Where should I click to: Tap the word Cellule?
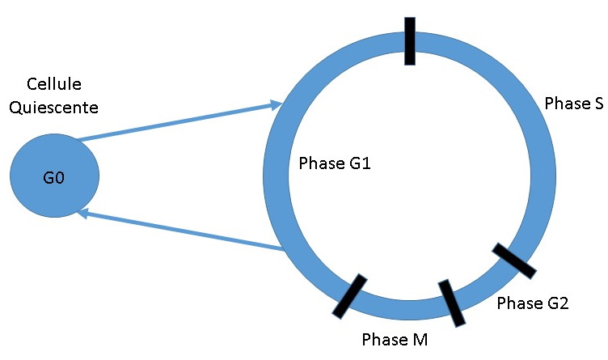[54, 84]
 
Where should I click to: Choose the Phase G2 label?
[533, 303]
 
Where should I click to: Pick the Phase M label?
[394, 338]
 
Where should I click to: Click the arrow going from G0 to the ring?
[178, 121]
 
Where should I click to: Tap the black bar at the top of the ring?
[410, 40]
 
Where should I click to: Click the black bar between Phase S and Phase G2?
[514, 260]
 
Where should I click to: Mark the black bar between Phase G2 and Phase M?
[452, 303]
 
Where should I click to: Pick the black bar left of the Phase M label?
[349, 294]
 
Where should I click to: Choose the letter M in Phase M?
[419, 338]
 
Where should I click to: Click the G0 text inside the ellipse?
[54, 177]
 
